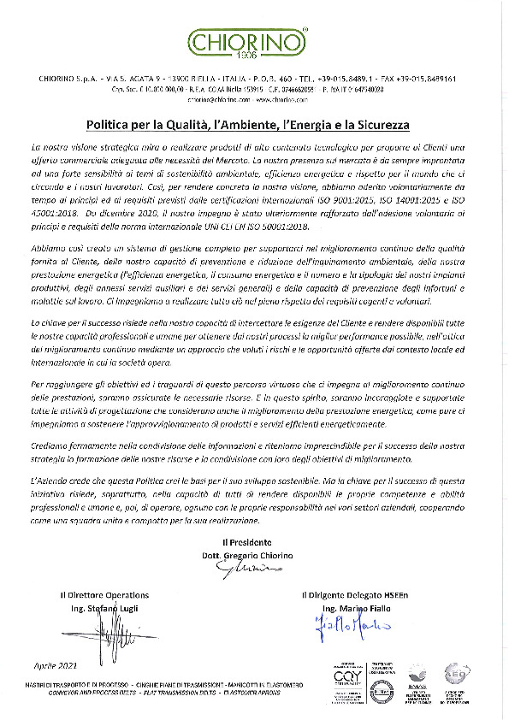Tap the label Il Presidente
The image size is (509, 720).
(x=247, y=542)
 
